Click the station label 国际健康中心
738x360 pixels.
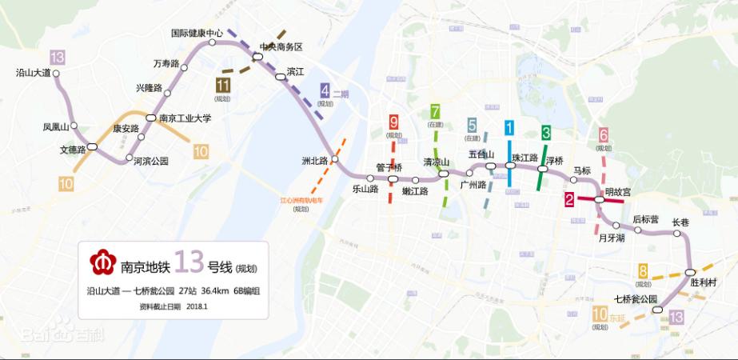point(197,34)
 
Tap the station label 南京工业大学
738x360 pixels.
point(185,118)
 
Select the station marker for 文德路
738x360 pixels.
point(93,146)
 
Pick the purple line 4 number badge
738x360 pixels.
point(325,90)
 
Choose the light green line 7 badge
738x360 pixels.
point(435,111)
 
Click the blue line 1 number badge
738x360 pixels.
point(509,126)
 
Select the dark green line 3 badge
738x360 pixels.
point(546,131)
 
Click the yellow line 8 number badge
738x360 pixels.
point(643,271)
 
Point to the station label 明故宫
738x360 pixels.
point(618,192)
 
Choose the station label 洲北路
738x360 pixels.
point(316,160)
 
